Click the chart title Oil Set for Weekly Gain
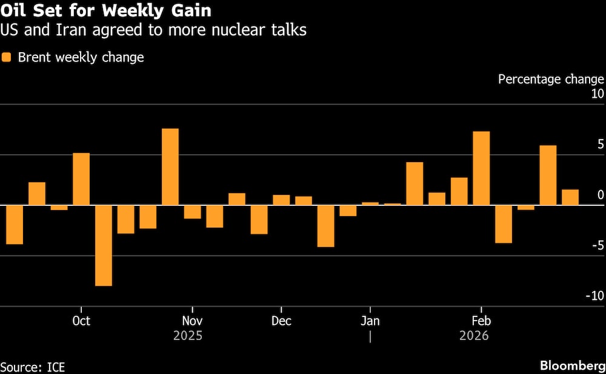106,11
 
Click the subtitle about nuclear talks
154,30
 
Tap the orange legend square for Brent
7,58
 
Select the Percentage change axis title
550,79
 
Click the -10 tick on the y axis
594,296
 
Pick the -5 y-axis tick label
598,245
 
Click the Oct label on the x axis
81,321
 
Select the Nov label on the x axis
192,321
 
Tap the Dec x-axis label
281,321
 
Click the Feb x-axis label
481,321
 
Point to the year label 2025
188,336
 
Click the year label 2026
473,336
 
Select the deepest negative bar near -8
104,245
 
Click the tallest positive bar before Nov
170,167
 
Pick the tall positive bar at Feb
481,168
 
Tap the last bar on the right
570,197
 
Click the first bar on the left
14,225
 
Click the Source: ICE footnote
33,367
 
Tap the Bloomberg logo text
571,366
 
